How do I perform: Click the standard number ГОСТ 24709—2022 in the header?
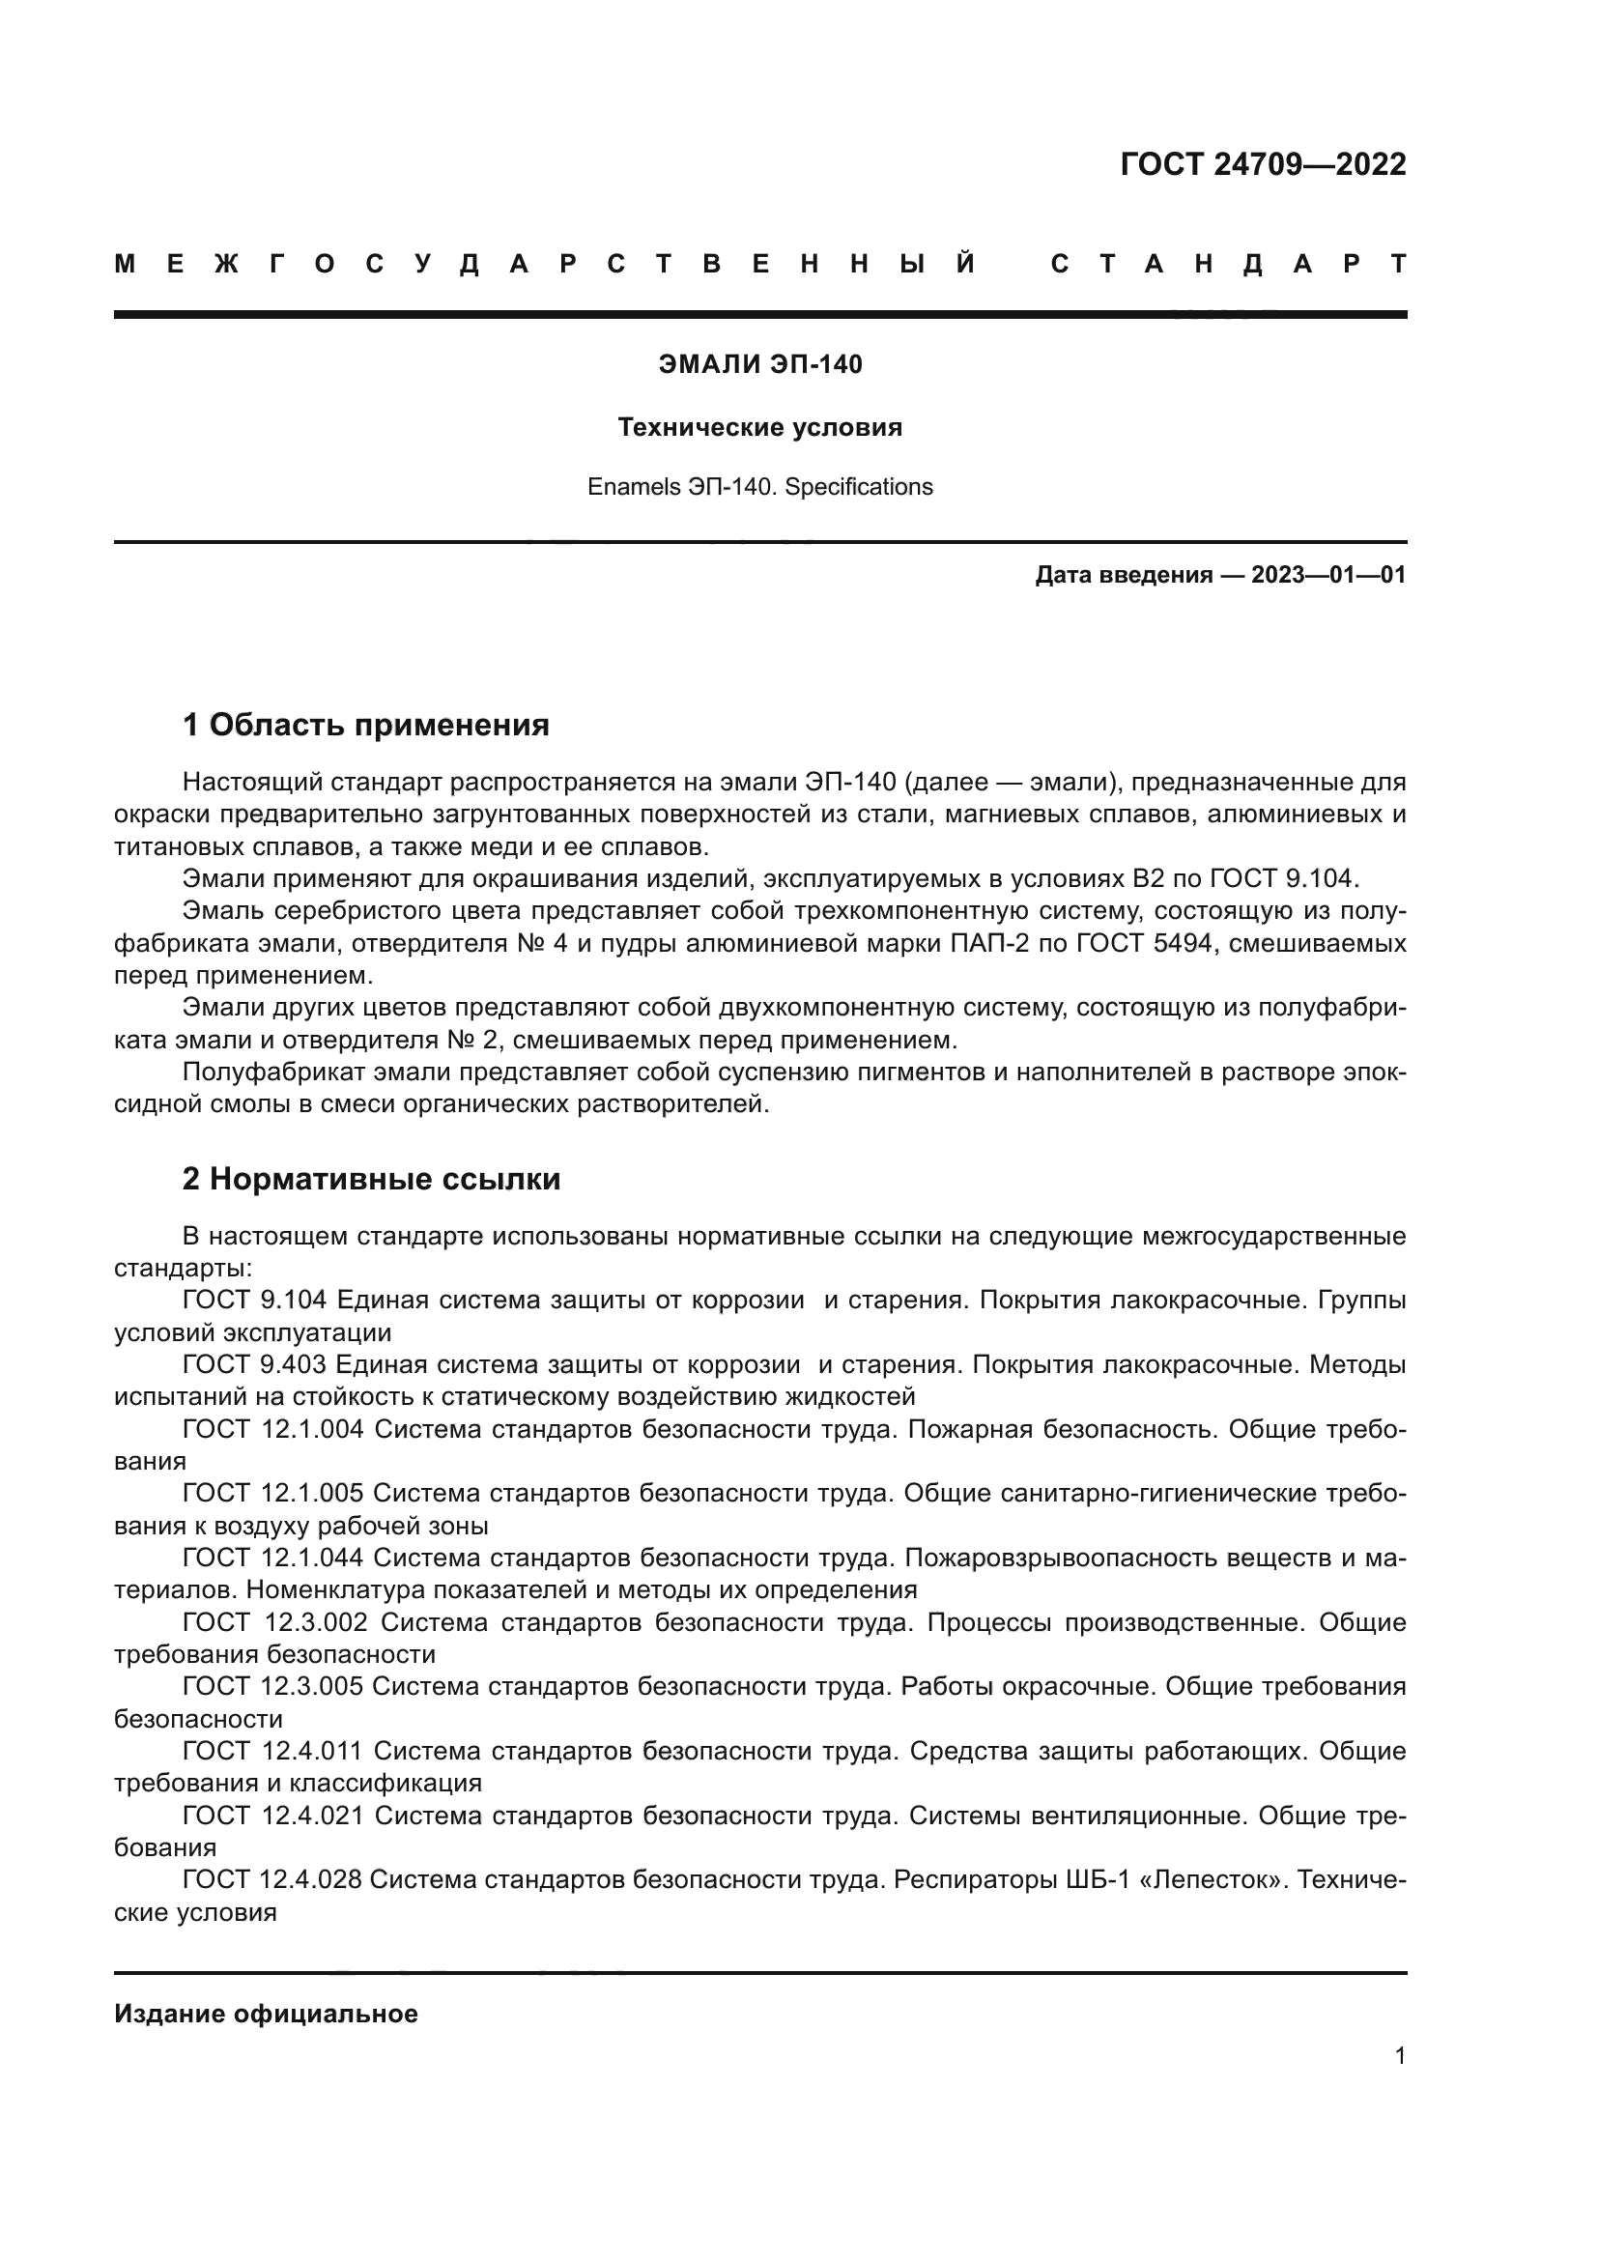[x=1263, y=164]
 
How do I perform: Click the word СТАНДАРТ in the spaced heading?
[x=1228, y=265]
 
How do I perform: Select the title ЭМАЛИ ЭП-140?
[x=759, y=365]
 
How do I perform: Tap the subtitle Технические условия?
[x=759, y=428]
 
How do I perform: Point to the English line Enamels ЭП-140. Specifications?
[x=759, y=487]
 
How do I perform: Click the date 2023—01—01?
[x=1328, y=575]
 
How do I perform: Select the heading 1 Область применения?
[x=365, y=727]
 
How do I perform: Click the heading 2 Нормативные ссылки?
[x=371, y=1179]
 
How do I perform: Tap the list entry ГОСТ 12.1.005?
[x=272, y=1494]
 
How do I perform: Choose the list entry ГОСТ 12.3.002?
[x=275, y=1622]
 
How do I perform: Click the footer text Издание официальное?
[x=266, y=2014]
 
